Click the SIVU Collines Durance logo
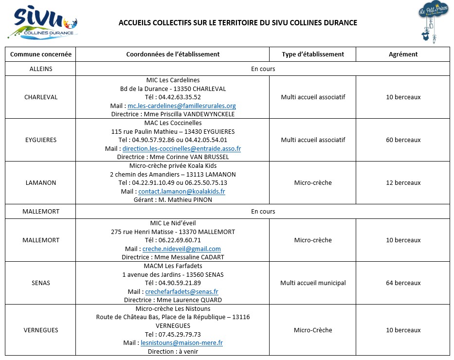43,23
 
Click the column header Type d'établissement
312,54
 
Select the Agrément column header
403,54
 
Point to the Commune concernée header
41,54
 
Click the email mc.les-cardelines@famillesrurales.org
182,106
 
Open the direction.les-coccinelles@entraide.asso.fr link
182,148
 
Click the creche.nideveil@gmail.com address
182,249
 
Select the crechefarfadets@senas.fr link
182,291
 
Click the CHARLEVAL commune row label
41,97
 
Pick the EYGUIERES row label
41,140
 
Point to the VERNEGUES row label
41,330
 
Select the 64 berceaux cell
403,283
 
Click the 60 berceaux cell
403,140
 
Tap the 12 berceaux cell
403,182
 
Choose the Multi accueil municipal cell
312,283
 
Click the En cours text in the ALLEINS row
263,69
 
